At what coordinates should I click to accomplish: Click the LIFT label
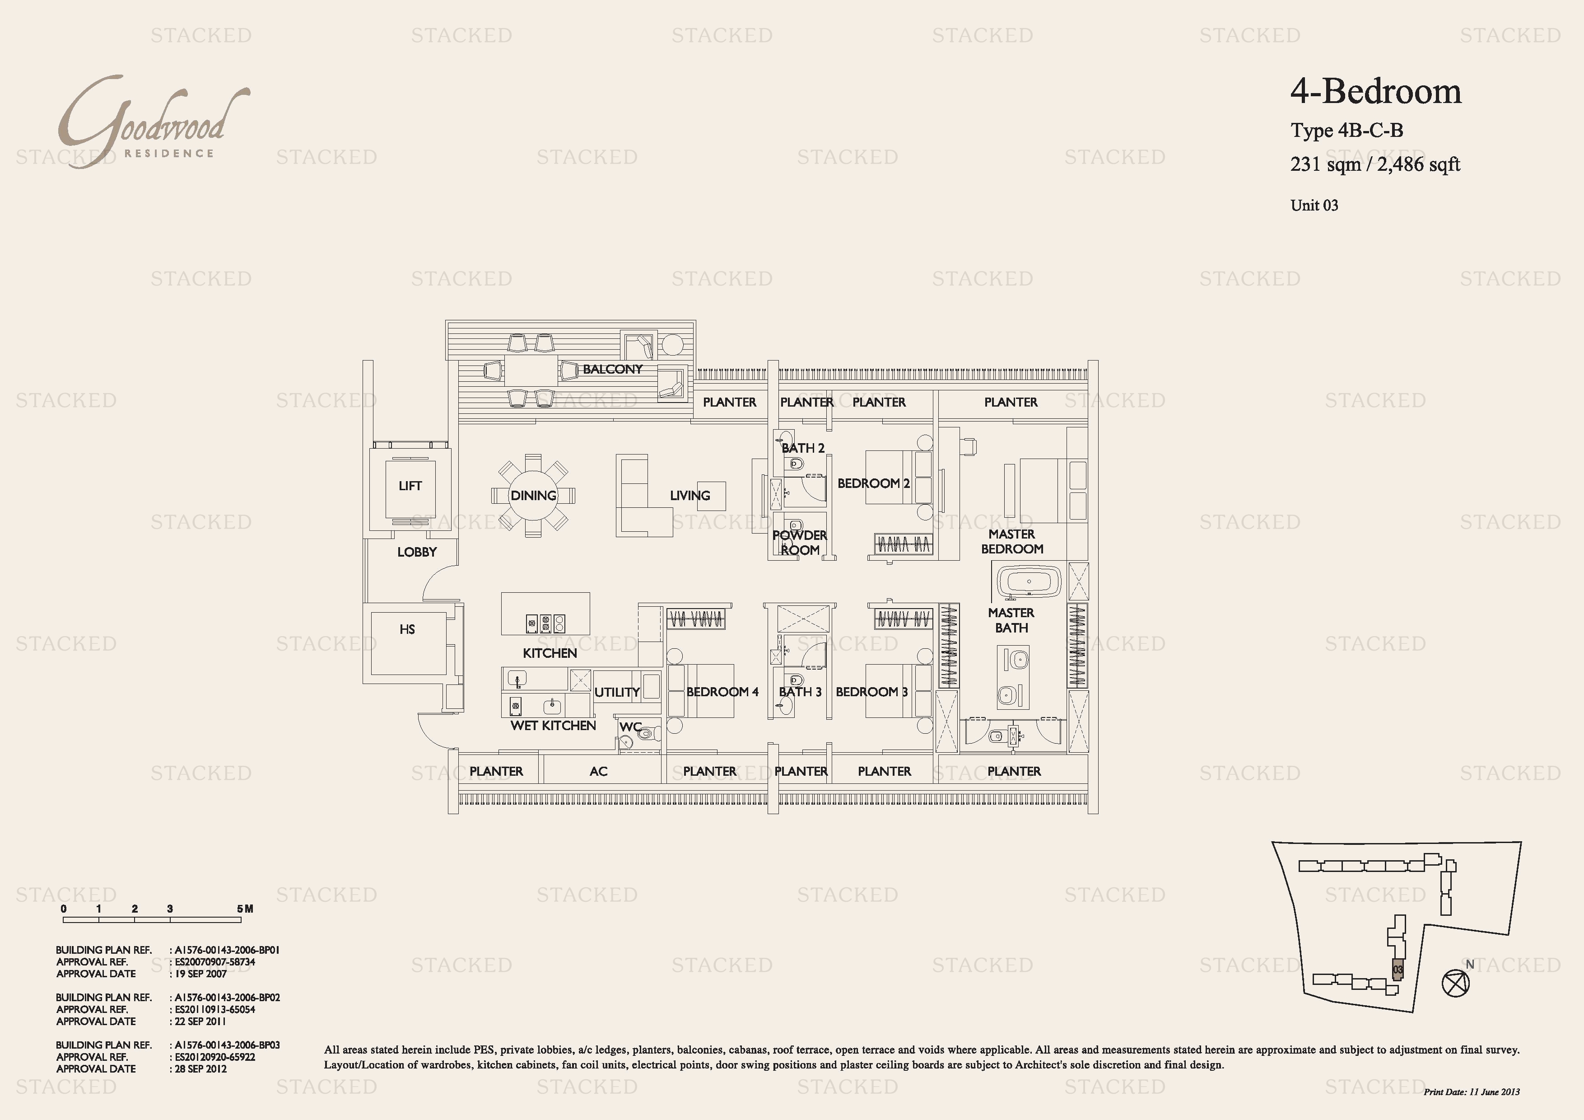click(x=410, y=486)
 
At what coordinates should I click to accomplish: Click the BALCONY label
click(x=613, y=369)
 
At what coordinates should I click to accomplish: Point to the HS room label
click(x=407, y=629)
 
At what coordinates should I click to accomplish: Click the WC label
click(x=630, y=726)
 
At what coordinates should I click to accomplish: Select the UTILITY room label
click(x=617, y=692)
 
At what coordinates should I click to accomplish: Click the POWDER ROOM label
click(x=800, y=543)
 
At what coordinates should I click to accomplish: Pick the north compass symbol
click(x=1456, y=983)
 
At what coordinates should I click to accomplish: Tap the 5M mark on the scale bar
click(x=245, y=909)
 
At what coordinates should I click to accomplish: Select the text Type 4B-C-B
click(x=1346, y=131)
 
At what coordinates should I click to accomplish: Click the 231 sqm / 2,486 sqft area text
click(x=1375, y=164)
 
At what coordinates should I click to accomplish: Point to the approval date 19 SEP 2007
click(x=201, y=974)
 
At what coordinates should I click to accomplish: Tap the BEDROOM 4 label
click(x=722, y=691)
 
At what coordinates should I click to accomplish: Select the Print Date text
click(x=1472, y=1092)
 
